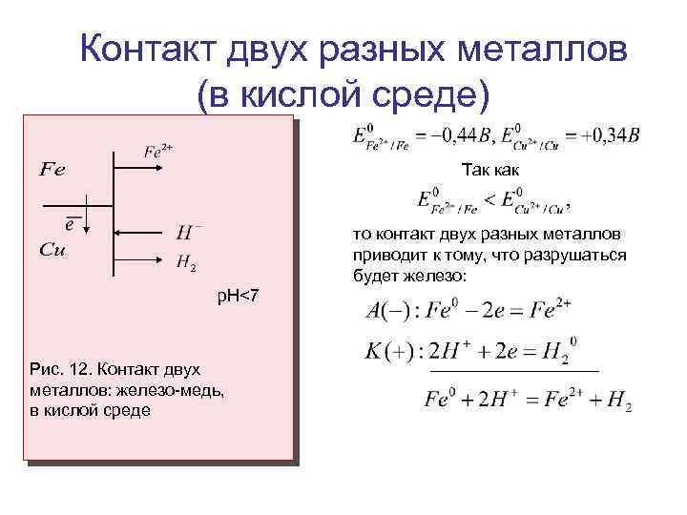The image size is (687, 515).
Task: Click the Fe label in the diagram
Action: (52, 171)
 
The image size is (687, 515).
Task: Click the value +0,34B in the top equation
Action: (610, 136)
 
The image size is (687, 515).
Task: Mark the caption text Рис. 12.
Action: (60, 369)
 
